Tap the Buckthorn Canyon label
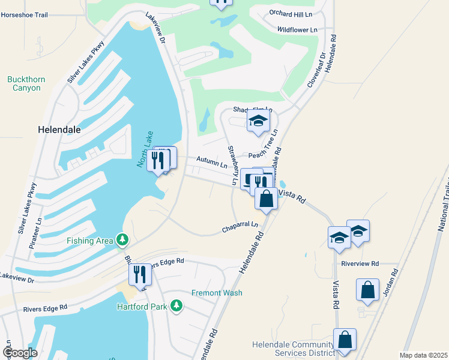(x=24, y=83)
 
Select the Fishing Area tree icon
(x=122, y=241)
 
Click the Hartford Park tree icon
(x=176, y=307)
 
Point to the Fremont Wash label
(x=217, y=293)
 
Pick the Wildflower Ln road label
(x=297, y=29)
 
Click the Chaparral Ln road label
(x=240, y=227)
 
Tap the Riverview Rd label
(x=360, y=263)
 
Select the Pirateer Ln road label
(x=40, y=228)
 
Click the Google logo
(x=20, y=353)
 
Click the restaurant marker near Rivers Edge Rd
(x=140, y=275)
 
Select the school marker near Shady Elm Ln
(x=258, y=122)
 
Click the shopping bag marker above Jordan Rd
(x=367, y=290)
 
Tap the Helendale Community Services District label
(x=292, y=349)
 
